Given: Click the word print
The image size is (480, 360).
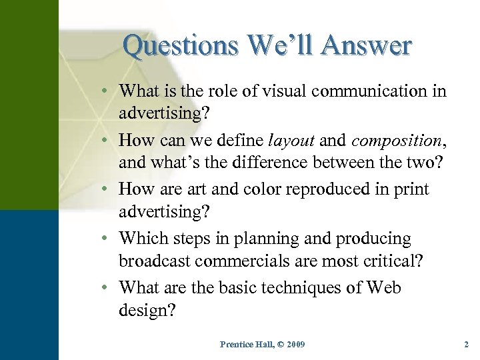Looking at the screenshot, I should pos(411,189).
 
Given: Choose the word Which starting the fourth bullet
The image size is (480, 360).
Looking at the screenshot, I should pos(143,239).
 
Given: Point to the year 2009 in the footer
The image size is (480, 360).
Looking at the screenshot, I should pos(294,344).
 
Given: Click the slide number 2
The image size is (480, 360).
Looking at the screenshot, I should pos(467,344).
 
